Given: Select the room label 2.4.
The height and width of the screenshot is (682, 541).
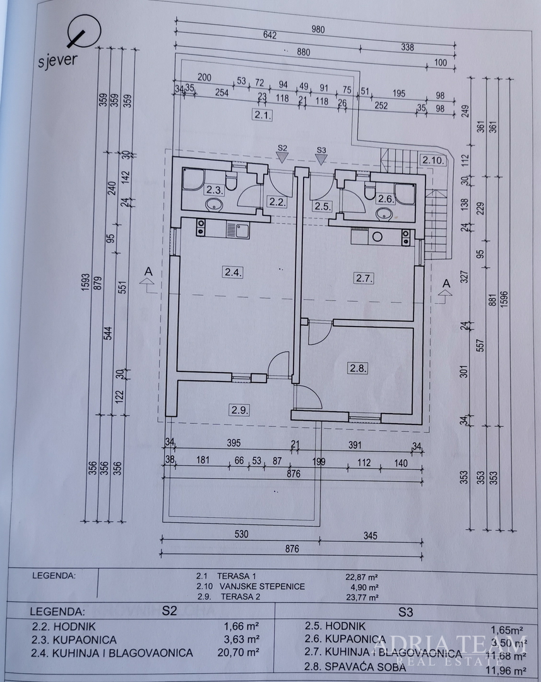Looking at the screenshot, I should point(231,273).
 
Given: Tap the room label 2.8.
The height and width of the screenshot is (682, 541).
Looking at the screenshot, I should point(357,366).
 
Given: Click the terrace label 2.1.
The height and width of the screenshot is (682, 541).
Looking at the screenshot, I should point(261,116).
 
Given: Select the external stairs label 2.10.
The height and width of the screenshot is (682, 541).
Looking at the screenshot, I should point(434,160).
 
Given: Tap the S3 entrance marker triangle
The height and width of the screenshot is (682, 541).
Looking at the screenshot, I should point(321,159).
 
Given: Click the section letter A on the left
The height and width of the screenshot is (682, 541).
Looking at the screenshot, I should point(148,271).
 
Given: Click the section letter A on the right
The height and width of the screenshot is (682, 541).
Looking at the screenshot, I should point(446,283).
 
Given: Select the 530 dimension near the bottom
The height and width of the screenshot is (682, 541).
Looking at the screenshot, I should point(242,535).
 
